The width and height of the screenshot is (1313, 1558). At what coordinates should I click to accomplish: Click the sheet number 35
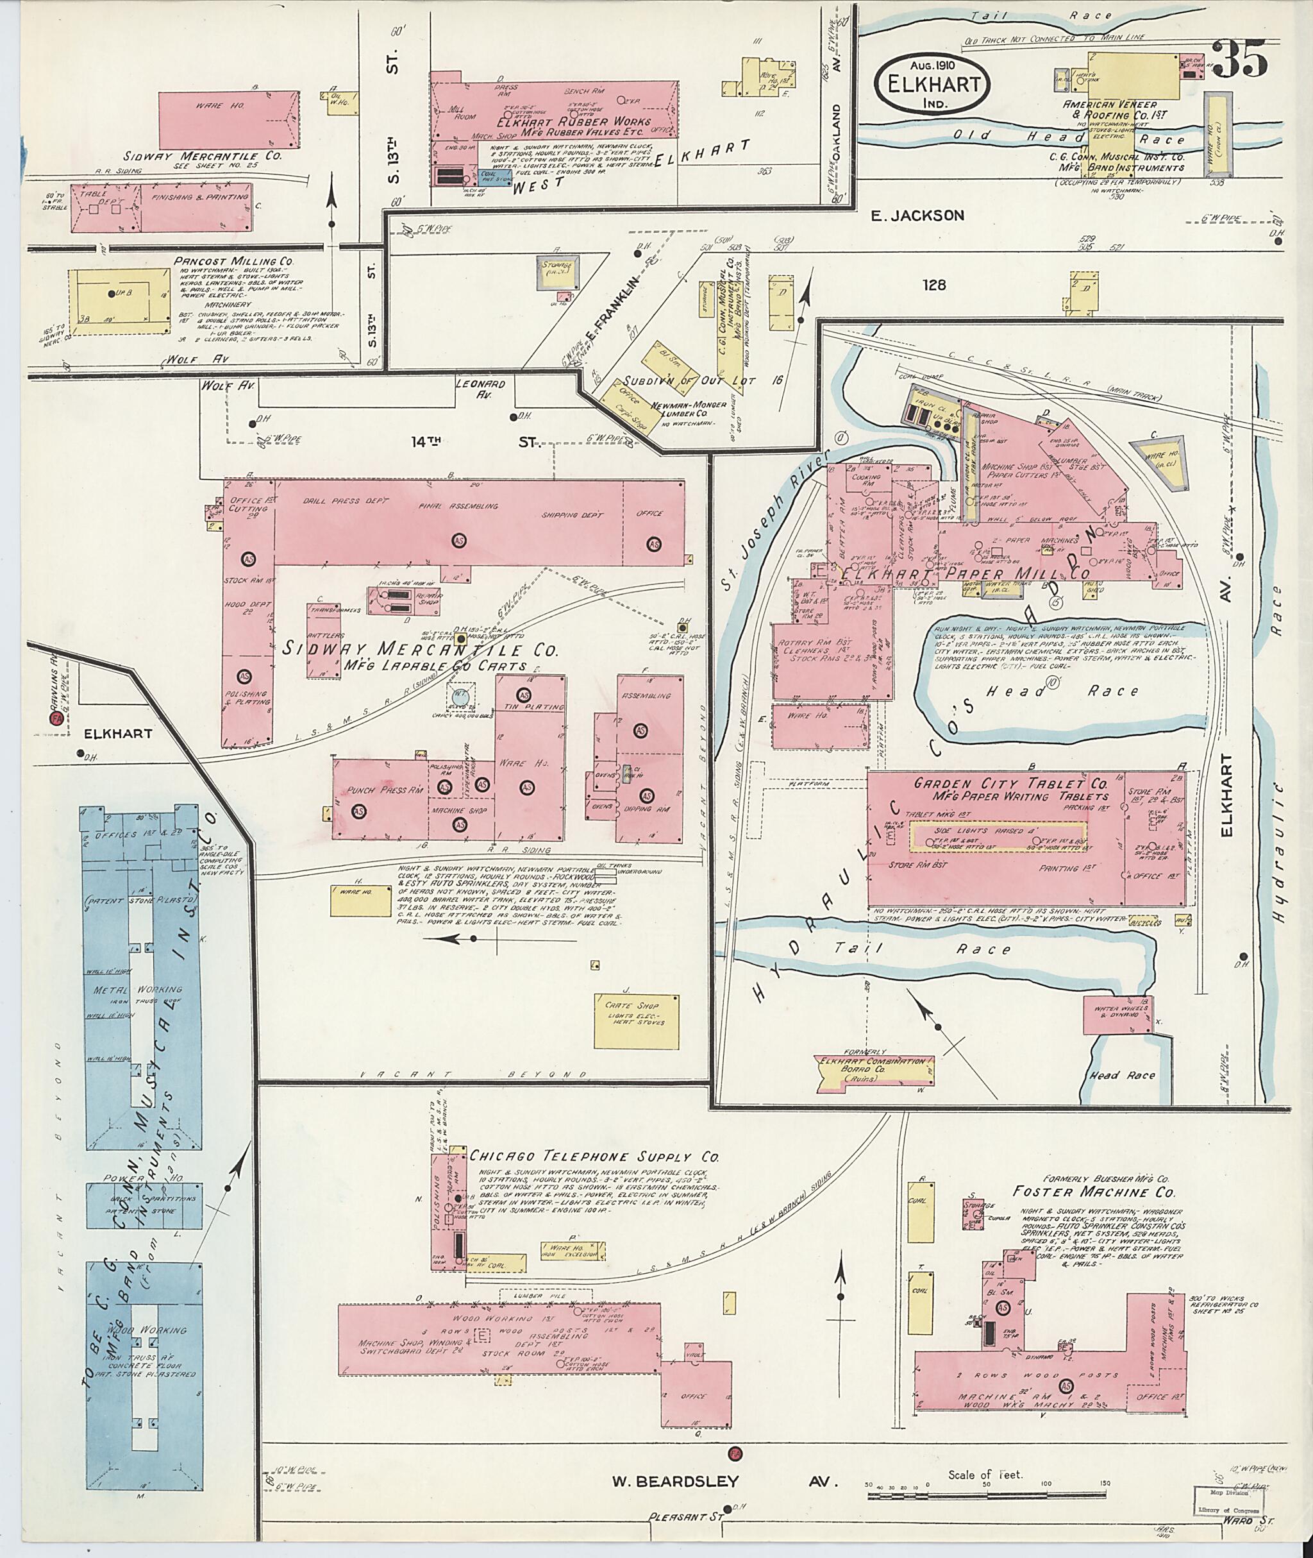tap(1241, 60)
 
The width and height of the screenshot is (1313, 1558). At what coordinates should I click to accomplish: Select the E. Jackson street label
tap(918, 216)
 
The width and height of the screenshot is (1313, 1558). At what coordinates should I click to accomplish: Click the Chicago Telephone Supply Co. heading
tap(594, 1156)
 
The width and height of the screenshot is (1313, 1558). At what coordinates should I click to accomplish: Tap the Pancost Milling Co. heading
tap(235, 262)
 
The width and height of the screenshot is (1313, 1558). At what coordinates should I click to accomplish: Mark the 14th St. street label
tap(474, 443)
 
